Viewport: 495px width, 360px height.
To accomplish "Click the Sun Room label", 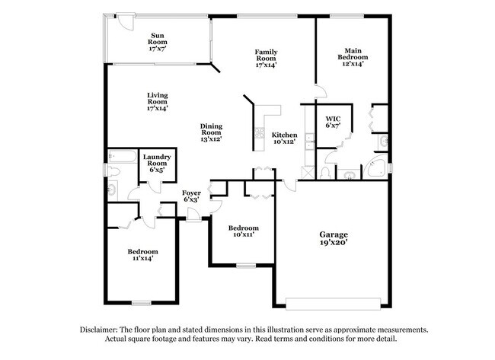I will click(x=158, y=35).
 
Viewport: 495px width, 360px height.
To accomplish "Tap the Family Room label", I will click(x=266, y=53).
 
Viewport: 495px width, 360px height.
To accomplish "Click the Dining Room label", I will click(x=212, y=129).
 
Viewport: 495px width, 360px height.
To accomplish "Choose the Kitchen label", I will click(x=285, y=134).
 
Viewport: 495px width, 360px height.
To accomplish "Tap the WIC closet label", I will click(x=332, y=119).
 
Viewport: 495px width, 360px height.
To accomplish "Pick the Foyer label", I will click(x=191, y=193).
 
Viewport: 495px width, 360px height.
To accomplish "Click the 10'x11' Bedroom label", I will click(x=244, y=228).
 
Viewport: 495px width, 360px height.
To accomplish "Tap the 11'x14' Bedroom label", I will click(x=142, y=252).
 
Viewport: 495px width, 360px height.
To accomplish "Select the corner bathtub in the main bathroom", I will click(x=375, y=168).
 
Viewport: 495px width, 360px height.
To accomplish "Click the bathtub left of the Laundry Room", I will click(x=122, y=158).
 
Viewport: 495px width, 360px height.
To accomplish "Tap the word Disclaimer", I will click(x=102, y=330).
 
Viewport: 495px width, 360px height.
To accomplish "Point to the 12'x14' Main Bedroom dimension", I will click(x=353, y=65).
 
